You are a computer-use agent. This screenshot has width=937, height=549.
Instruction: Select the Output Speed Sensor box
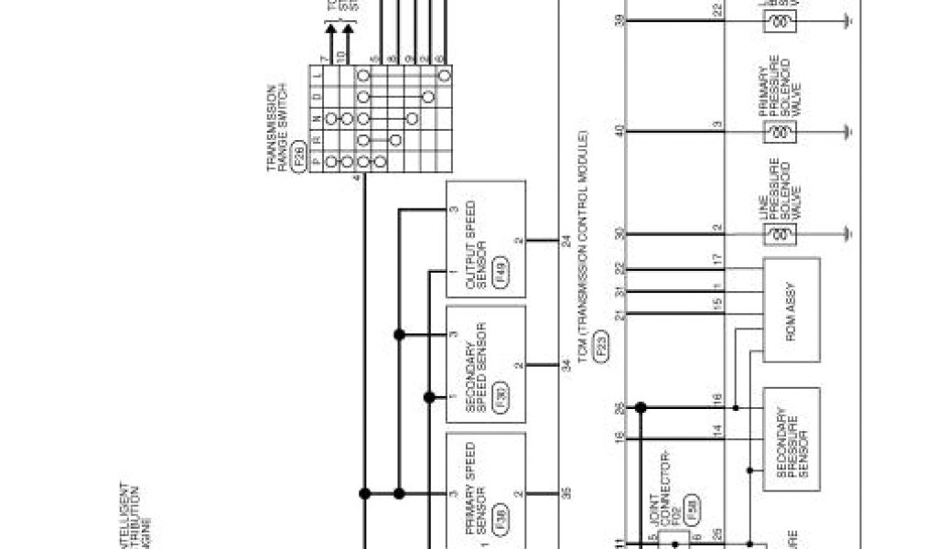(x=486, y=239)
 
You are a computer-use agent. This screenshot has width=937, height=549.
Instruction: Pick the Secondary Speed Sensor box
(x=486, y=364)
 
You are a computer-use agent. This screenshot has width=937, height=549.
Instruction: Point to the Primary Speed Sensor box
(x=486, y=491)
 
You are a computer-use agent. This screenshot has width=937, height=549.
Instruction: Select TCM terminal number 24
(x=565, y=242)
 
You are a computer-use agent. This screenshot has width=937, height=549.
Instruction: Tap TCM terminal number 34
(x=565, y=365)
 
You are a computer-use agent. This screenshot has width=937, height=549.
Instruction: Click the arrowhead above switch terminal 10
(x=347, y=33)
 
